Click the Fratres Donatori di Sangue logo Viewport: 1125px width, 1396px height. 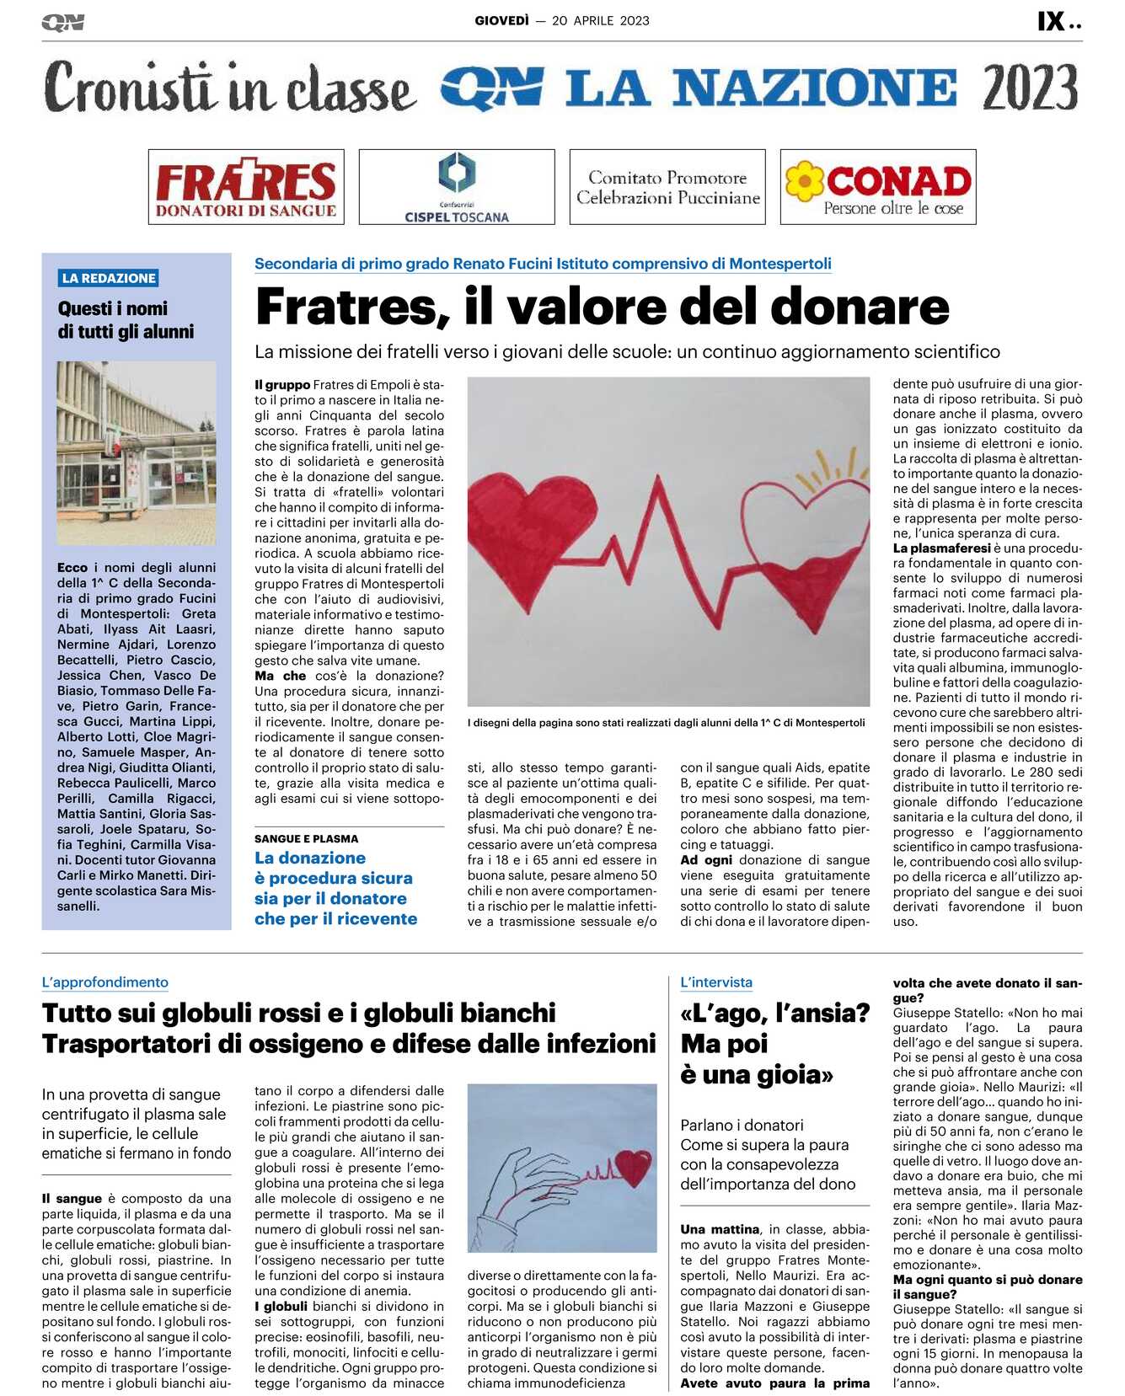click(246, 187)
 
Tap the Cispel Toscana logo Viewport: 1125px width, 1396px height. click(457, 187)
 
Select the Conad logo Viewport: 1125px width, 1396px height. click(878, 187)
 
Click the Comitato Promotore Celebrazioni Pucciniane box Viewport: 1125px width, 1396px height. click(667, 187)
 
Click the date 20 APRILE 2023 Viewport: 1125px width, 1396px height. click(601, 21)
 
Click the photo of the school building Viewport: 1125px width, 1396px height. click(137, 452)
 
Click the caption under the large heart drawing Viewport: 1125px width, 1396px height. click(666, 723)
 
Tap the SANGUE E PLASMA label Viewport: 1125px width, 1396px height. click(306, 839)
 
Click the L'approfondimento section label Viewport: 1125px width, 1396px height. click(105, 982)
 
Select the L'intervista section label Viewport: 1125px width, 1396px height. click(716, 982)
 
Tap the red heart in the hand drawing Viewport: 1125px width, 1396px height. click(633, 1167)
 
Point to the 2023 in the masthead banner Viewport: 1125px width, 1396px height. click(1030, 88)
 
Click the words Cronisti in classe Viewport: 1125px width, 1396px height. click(229, 88)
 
